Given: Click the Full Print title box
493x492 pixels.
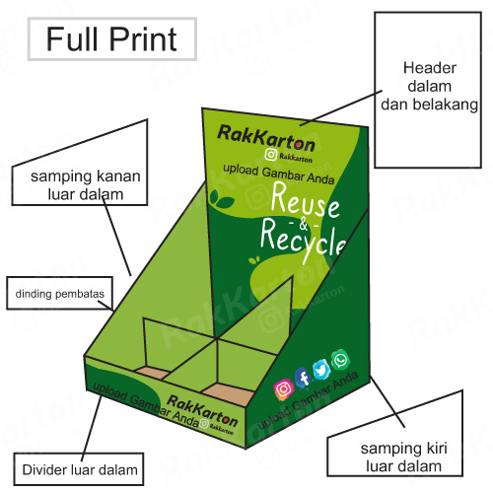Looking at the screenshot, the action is pyautogui.click(x=112, y=39).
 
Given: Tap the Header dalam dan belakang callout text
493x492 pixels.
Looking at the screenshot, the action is pyautogui.click(x=429, y=87).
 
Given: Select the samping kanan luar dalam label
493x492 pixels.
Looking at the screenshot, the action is pyautogui.click(x=86, y=185).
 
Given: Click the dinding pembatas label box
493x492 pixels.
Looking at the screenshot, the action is pyautogui.click(x=60, y=293).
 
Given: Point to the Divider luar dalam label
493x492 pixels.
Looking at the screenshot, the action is pyautogui.click(x=80, y=469).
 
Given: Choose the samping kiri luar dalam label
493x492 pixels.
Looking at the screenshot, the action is pyautogui.click(x=403, y=457).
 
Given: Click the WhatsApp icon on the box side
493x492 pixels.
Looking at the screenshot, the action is pyautogui.click(x=340, y=360).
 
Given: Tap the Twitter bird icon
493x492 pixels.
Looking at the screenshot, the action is pyautogui.click(x=321, y=370).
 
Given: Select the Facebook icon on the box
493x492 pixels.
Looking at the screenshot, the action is pyautogui.click(x=303, y=378).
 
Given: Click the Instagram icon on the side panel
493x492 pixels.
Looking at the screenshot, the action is pyautogui.click(x=283, y=389).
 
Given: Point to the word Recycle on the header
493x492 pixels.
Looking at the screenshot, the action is pyautogui.click(x=303, y=241).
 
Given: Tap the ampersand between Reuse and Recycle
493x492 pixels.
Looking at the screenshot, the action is pyautogui.click(x=304, y=225).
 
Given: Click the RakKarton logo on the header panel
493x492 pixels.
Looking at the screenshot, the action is pyautogui.click(x=266, y=139).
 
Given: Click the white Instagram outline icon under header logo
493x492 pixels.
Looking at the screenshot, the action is pyautogui.click(x=271, y=155).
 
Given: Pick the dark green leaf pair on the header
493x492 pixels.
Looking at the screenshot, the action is pyautogui.click(x=222, y=198).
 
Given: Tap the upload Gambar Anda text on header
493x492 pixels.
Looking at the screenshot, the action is pyautogui.click(x=279, y=174).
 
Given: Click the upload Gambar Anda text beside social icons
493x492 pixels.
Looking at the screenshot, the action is pyautogui.click(x=308, y=400).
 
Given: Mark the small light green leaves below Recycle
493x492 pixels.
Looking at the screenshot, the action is pyautogui.click(x=254, y=260).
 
